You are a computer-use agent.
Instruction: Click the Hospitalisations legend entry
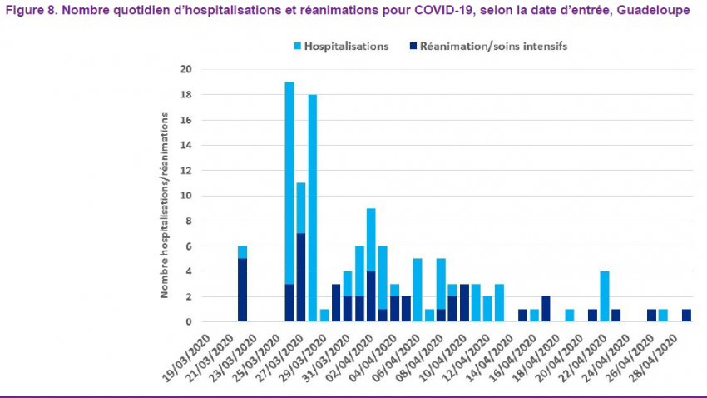click(346, 47)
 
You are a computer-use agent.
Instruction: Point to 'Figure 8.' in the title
click(29, 9)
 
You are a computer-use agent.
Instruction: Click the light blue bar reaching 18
click(313, 208)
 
